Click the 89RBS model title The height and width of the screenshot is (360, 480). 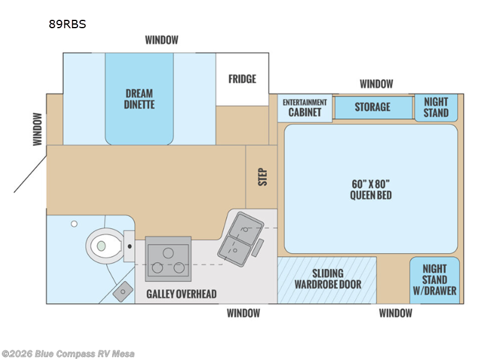[67, 24]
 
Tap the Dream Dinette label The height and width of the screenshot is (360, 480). [139, 99]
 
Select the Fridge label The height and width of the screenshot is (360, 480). [242, 79]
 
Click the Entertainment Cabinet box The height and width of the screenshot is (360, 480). [305, 108]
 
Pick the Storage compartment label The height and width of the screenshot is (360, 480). [373, 107]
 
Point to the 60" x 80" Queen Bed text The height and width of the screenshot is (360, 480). [371, 190]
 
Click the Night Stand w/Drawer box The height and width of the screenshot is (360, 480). [434, 280]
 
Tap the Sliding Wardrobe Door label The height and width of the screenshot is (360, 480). [328, 279]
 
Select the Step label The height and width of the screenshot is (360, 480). [263, 177]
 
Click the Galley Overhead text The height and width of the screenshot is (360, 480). [181, 294]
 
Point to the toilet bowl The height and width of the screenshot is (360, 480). [104, 245]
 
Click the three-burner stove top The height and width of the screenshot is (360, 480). [168, 259]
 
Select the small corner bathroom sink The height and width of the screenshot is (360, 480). [123, 292]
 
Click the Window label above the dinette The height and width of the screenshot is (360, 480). [161, 40]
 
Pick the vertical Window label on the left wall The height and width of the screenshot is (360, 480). [37, 129]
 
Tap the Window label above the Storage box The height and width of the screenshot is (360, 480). [376, 84]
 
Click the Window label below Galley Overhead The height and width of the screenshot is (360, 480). [244, 313]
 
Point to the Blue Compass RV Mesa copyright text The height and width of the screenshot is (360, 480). [68, 354]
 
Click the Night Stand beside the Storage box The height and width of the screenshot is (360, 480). [436, 107]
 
